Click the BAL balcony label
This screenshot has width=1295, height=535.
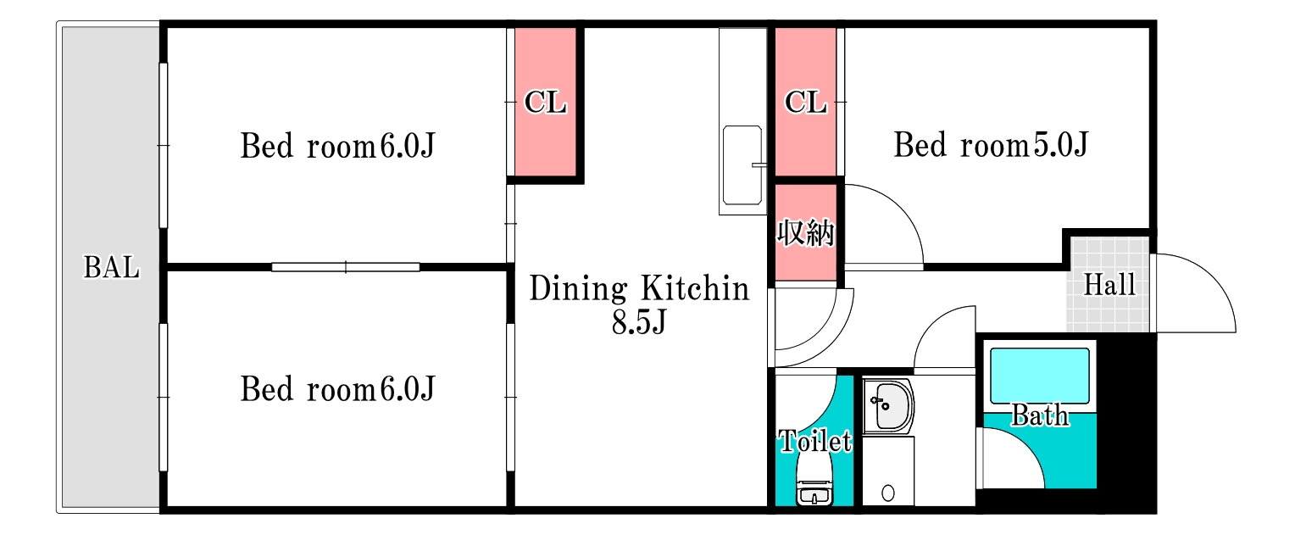point(112,267)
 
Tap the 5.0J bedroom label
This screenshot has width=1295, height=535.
point(991,145)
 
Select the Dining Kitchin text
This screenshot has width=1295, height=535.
point(639,288)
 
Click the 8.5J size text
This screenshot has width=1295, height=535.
point(639,321)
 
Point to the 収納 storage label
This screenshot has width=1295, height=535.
point(805,232)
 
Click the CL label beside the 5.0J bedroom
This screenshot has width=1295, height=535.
point(805,103)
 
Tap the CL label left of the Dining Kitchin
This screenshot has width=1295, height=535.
point(545,103)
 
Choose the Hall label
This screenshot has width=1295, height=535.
point(1109,285)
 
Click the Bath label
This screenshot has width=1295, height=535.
point(1039,415)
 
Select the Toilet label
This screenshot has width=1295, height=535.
point(814,441)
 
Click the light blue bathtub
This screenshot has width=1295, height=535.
point(1039,376)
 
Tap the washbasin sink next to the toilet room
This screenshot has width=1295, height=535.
point(888,406)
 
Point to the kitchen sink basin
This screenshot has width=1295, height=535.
point(742,164)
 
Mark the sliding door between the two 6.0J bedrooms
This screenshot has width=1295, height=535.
point(346,267)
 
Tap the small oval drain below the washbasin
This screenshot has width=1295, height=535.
point(888,493)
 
